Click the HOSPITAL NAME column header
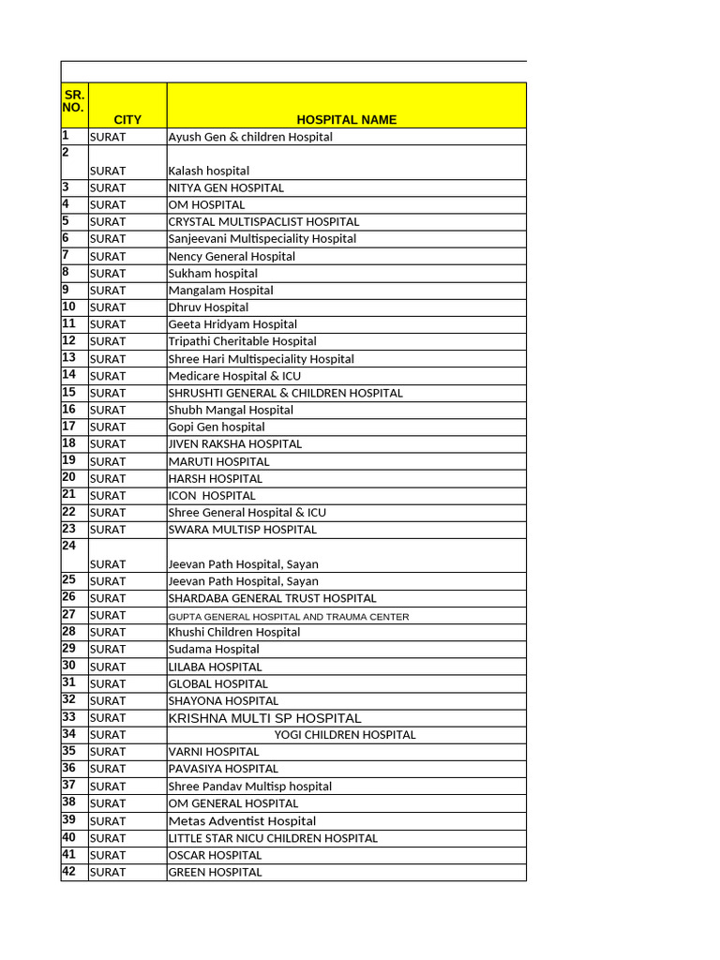pyautogui.click(x=346, y=120)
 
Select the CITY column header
pyautogui.click(x=127, y=120)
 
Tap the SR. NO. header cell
pyautogui.click(x=73, y=101)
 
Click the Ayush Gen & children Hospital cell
pyautogui.click(x=250, y=137)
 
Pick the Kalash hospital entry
pyautogui.click(x=209, y=171)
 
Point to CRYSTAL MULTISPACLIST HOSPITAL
pyautogui.click(x=263, y=222)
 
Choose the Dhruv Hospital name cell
pyautogui.click(x=208, y=307)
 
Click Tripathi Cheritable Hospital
pyautogui.click(x=242, y=341)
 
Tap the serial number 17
pyautogui.click(x=69, y=426)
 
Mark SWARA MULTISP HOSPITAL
pyautogui.click(x=242, y=530)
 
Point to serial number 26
pyautogui.click(x=69, y=596)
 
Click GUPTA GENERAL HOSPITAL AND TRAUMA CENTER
pyautogui.click(x=289, y=616)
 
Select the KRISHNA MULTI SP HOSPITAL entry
pyautogui.click(x=264, y=718)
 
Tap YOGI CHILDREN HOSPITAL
pyautogui.click(x=345, y=735)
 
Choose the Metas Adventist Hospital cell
pyautogui.click(x=242, y=821)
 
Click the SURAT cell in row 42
pyautogui.click(x=108, y=873)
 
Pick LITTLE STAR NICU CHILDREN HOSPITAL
pyautogui.click(x=273, y=838)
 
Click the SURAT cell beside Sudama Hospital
pyautogui.click(x=108, y=650)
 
